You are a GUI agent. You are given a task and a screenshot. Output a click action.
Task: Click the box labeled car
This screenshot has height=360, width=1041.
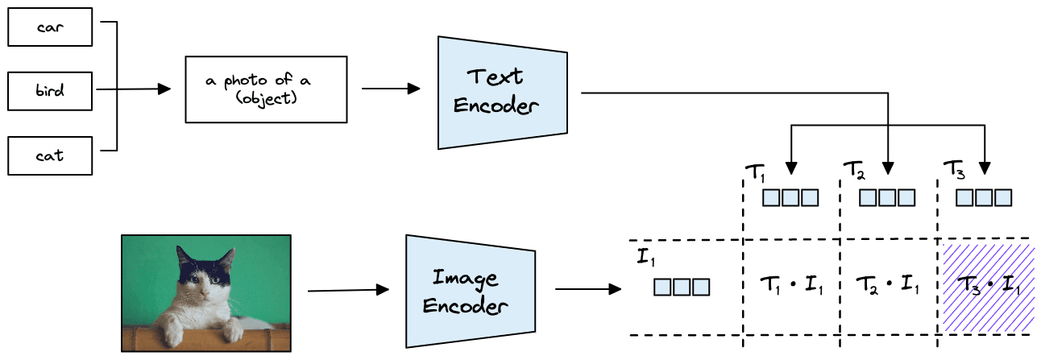pos(51,27)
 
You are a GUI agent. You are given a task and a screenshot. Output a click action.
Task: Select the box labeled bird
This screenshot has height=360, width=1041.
pos(51,90)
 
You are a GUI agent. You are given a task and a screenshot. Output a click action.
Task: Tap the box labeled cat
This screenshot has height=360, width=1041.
pos(51,155)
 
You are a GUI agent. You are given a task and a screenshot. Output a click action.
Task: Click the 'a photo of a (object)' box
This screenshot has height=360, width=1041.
pos(266,89)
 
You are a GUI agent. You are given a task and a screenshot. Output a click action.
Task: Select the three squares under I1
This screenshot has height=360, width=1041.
pos(682,286)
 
